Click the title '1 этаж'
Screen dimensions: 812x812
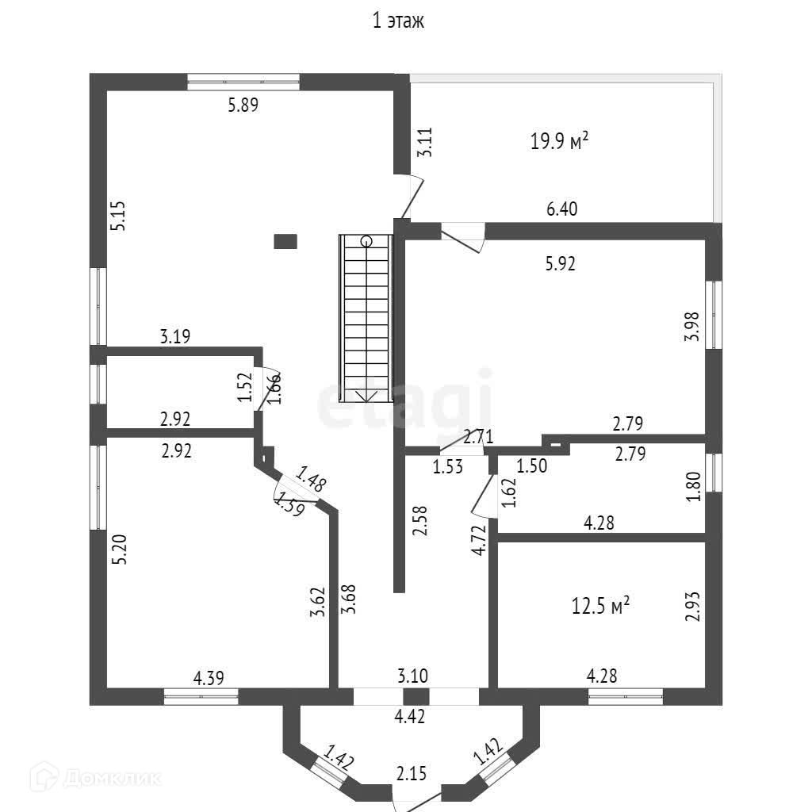coord(399,21)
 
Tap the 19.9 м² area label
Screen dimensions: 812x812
coord(559,142)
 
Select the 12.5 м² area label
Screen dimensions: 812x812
coord(600,607)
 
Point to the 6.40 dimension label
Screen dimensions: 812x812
coord(562,209)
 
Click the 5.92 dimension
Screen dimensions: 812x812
coord(560,264)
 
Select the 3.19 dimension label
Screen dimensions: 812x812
coord(175,337)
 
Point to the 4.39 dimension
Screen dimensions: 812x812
coord(209,677)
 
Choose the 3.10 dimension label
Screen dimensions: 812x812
coord(412,677)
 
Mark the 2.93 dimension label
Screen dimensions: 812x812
coord(693,607)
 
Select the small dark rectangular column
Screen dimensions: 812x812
coord(285,241)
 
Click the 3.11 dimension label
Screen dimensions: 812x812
coord(426,141)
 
